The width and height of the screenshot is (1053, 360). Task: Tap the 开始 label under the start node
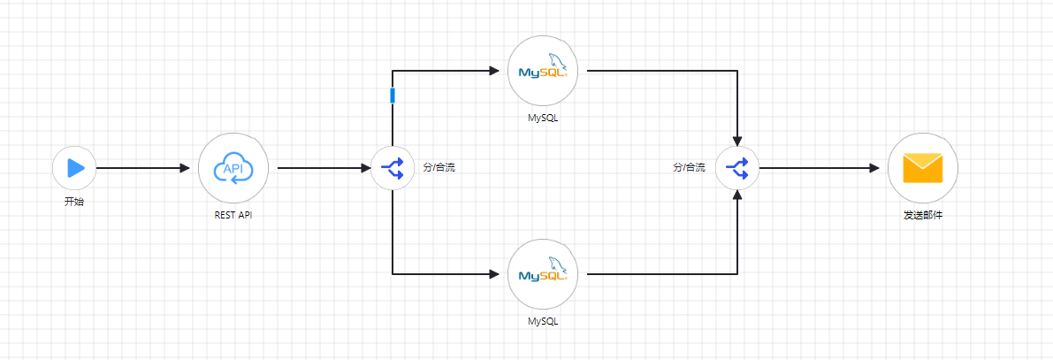pyautogui.click(x=74, y=202)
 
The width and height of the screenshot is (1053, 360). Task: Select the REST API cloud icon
pyautogui.click(x=233, y=167)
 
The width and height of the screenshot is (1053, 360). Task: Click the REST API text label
pyautogui.click(x=233, y=214)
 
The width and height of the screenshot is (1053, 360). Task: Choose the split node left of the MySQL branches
pyautogui.click(x=393, y=167)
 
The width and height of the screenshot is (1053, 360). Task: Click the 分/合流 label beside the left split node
pyautogui.click(x=439, y=167)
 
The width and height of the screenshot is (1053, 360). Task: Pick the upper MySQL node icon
pyautogui.click(x=543, y=71)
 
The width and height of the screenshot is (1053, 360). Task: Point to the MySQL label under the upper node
pyautogui.click(x=543, y=118)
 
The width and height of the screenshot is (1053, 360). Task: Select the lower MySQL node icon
pyautogui.click(x=543, y=274)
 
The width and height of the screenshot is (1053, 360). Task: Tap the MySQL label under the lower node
pyautogui.click(x=543, y=321)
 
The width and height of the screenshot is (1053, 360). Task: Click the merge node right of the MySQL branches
pyautogui.click(x=737, y=167)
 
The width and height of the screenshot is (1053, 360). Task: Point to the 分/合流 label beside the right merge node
pyautogui.click(x=689, y=167)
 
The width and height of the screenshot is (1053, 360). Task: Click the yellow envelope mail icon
pyautogui.click(x=923, y=167)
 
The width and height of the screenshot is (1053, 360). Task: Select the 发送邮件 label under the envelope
pyautogui.click(x=923, y=214)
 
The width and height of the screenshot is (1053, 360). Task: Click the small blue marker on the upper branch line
pyautogui.click(x=393, y=96)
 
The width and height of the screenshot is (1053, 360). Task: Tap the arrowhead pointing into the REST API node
pyautogui.click(x=185, y=167)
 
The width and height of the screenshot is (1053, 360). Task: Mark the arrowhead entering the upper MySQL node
pyautogui.click(x=494, y=71)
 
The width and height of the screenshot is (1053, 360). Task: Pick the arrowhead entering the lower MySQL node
pyautogui.click(x=494, y=274)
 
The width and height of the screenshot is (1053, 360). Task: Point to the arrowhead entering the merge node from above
pyautogui.click(x=737, y=140)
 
